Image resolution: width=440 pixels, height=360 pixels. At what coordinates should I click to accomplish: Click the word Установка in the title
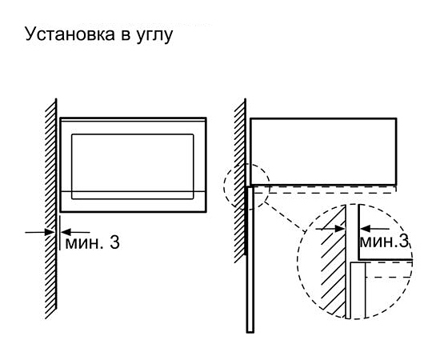click(x=70, y=34)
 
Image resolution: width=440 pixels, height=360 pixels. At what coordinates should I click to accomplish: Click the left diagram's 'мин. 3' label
click(x=92, y=242)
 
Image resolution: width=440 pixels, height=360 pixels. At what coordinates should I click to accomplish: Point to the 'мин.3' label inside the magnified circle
click(x=384, y=242)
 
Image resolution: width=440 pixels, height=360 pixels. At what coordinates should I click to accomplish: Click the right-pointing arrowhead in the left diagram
click(x=50, y=232)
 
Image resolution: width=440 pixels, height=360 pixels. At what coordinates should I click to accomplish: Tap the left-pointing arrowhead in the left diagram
click(x=66, y=232)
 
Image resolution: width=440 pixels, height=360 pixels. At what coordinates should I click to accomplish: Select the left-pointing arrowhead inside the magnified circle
click(x=365, y=228)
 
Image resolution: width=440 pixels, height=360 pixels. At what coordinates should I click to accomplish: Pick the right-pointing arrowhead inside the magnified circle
click(x=339, y=229)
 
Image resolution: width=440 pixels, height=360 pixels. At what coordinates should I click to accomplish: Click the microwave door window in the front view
click(x=133, y=166)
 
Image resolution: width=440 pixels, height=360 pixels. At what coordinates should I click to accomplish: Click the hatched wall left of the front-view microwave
click(x=51, y=209)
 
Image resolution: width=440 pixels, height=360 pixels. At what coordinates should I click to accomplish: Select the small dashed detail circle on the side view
click(x=224, y=186)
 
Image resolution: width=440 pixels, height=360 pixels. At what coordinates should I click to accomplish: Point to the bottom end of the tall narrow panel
click(x=250, y=332)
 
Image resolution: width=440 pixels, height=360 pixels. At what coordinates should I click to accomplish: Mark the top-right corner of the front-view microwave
click(x=206, y=118)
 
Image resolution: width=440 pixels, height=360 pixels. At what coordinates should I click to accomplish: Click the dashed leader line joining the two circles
click(x=285, y=216)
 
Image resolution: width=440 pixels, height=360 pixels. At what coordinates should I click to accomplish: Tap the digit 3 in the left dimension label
click(x=114, y=242)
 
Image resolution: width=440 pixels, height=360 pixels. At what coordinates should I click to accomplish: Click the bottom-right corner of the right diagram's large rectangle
click(x=396, y=185)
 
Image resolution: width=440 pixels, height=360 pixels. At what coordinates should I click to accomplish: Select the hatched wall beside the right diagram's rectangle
click(x=240, y=181)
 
